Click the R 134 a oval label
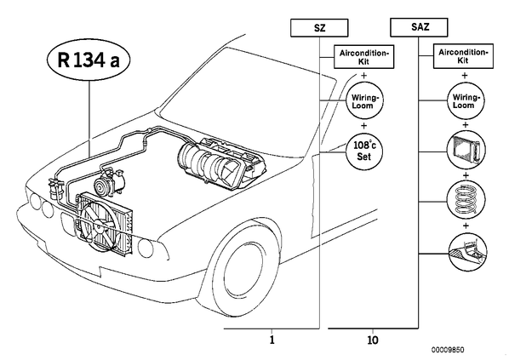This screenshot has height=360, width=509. click(89, 60)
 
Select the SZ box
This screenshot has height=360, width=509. click(319, 28)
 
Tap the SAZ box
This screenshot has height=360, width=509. click(419, 27)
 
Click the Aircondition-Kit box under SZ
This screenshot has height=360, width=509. click(364, 57)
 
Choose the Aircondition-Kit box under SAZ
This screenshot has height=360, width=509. click(463, 56)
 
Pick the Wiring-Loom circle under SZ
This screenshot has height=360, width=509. click(363, 101)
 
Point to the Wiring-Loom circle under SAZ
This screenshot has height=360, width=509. click(465, 101)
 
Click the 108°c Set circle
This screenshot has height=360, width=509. click(363, 151)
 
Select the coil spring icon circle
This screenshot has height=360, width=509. click(466, 201)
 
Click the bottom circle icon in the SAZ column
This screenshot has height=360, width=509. click(466, 252)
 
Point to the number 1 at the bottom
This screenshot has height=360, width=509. click(272, 340)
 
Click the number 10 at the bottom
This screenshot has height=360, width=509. click(373, 340)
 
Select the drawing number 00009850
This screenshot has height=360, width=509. click(448, 350)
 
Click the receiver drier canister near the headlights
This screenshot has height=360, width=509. click(55, 188)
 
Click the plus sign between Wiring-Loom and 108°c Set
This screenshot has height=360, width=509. click(364, 126)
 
